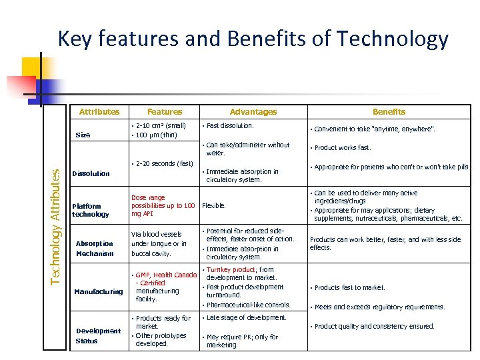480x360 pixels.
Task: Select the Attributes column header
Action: [99, 112]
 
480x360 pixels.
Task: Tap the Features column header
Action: [165, 112]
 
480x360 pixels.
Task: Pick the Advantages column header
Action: [253, 112]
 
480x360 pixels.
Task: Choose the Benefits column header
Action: [389, 112]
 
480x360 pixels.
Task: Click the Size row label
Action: [83, 135]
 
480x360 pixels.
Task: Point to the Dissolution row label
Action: [91, 173]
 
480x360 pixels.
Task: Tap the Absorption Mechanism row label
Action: [95, 248]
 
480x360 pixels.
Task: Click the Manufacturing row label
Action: [99, 291]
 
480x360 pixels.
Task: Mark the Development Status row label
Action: [98, 335]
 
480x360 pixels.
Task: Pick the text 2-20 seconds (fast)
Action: [164, 163]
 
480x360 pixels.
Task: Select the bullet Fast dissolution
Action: [229, 125]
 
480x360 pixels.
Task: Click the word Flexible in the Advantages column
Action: [214, 205]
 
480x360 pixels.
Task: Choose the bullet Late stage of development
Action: [246, 318]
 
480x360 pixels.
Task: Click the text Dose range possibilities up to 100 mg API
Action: [163, 205]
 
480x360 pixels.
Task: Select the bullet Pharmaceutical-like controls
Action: [248, 305]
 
